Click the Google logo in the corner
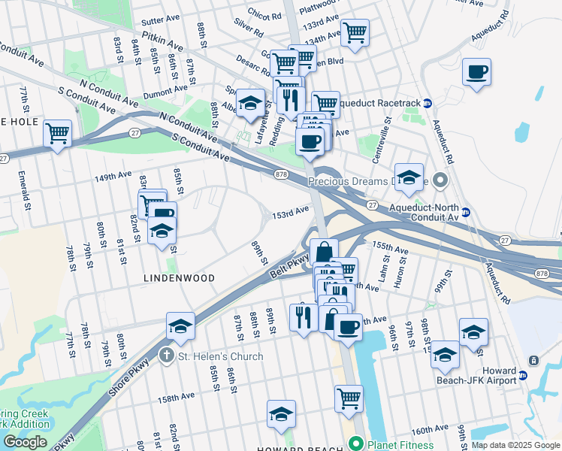click(x=25, y=442)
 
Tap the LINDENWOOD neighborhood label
click(x=180, y=278)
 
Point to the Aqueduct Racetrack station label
click(x=380, y=103)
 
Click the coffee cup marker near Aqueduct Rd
click(x=477, y=73)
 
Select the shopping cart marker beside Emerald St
click(x=57, y=134)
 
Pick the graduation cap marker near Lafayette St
click(x=250, y=103)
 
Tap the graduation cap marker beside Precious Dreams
click(x=409, y=177)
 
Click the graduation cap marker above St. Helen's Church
click(x=180, y=326)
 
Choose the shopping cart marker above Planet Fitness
click(x=349, y=399)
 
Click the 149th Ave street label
click(x=113, y=177)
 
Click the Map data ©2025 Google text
click(x=515, y=444)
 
